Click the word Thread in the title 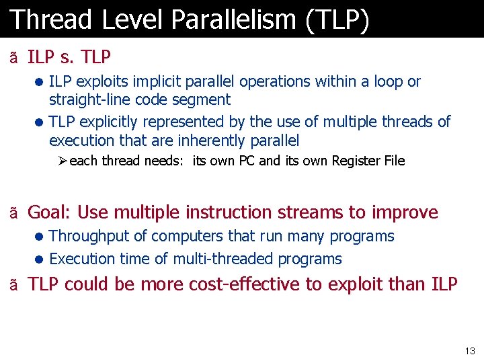(x=50, y=19)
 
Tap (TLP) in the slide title (x=337, y=19)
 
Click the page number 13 (x=469, y=351)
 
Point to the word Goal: (x=50, y=212)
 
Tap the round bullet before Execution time (x=40, y=259)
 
